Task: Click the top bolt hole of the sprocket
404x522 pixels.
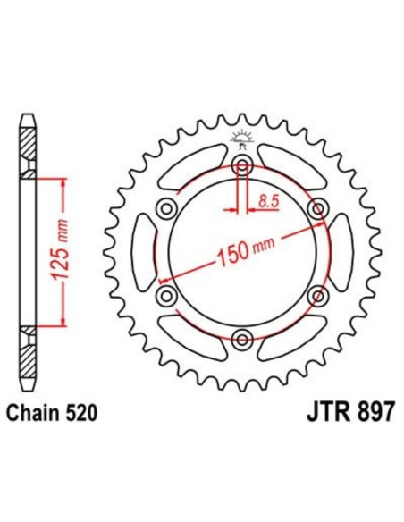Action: point(241,164)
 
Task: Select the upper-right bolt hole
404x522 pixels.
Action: point(316,207)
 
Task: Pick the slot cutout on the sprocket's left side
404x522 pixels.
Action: point(142,251)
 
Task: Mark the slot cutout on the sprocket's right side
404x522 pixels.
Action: point(341,251)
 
